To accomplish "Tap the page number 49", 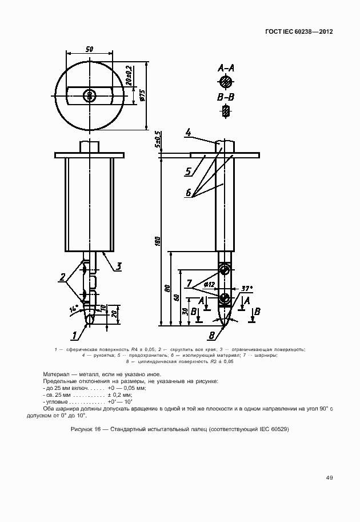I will [x=330, y=477].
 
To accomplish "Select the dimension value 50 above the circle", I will [x=90, y=50].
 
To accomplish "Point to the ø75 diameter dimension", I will [x=142, y=96].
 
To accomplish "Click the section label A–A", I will [x=226, y=68].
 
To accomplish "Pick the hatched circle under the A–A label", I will [x=226, y=82].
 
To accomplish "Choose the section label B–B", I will [x=226, y=98].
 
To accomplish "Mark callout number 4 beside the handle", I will [x=187, y=133].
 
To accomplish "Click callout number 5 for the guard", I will [x=187, y=170].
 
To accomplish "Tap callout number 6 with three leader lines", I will [x=188, y=193].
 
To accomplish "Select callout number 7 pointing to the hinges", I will [x=189, y=283].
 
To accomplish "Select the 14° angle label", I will [x=74, y=309].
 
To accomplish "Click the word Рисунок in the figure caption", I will [x=82, y=429].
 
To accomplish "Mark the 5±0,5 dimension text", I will [x=158, y=140].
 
